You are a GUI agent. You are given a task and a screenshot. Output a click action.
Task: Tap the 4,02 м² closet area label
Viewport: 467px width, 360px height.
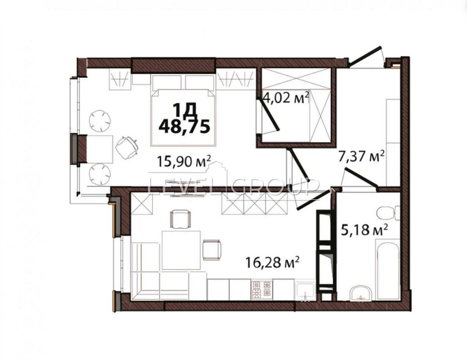click(286, 99)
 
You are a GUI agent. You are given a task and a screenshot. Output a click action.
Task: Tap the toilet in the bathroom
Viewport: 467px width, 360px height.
click(388, 213)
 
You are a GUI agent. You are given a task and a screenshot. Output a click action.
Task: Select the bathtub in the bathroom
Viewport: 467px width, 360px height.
click(388, 268)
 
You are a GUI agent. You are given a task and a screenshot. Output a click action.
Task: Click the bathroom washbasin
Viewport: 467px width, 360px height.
click(360, 293)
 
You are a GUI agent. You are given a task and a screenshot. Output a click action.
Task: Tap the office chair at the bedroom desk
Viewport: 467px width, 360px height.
click(126, 147)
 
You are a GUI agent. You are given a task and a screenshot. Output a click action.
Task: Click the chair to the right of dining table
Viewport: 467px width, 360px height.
click(212, 250)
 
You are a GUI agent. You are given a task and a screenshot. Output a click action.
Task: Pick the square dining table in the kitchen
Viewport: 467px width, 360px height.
click(181, 250)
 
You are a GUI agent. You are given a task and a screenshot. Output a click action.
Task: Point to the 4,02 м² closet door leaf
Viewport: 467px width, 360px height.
click(269, 114)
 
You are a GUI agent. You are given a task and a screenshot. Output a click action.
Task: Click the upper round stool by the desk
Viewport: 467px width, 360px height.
click(100, 120)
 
